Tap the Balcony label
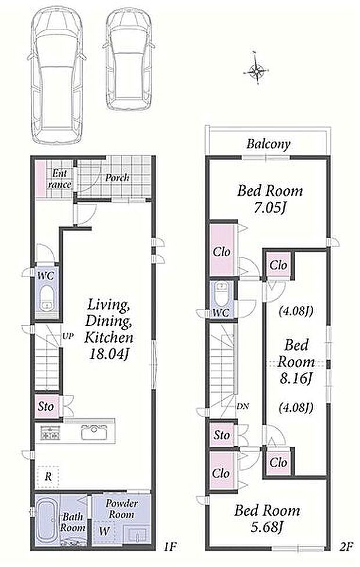click(268, 144)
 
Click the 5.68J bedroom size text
click(267, 527)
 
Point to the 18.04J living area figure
click(109, 354)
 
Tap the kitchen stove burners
click(51, 433)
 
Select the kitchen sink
click(94, 432)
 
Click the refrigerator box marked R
click(48, 477)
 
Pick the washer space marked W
click(104, 531)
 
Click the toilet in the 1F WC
click(46, 297)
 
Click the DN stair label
click(243, 406)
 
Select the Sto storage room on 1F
click(46, 407)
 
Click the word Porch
click(117, 178)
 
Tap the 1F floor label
click(170, 546)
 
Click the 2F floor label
click(345, 546)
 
